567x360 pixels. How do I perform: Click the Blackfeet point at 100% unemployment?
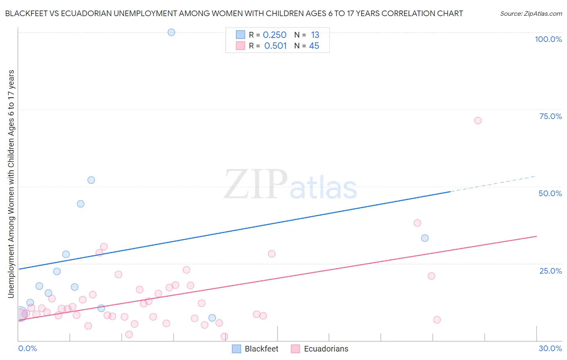pyautogui.click(x=171, y=32)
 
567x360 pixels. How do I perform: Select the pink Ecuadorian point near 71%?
pyautogui.click(x=478, y=120)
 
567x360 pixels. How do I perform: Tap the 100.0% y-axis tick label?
pyautogui.click(x=548, y=39)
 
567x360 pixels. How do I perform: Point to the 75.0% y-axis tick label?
pyautogui.click(x=550, y=116)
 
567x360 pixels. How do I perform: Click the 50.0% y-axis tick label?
pyautogui.click(x=550, y=193)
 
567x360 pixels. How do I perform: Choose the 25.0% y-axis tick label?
pyautogui.click(x=550, y=271)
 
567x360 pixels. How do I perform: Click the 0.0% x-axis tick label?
pyautogui.click(x=28, y=348)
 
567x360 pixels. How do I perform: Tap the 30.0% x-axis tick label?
pyautogui.click(x=550, y=348)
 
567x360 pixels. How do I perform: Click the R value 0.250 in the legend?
pyautogui.click(x=275, y=35)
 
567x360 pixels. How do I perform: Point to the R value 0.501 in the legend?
pyautogui.click(x=275, y=46)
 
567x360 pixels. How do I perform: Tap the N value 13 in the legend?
pyautogui.click(x=315, y=35)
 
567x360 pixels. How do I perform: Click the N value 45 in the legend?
pyautogui.click(x=314, y=46)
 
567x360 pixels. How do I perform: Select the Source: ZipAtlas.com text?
pyautogui.click(x=531, y=14)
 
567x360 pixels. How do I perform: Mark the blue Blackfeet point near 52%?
pyautogui.click(x=91, y=180)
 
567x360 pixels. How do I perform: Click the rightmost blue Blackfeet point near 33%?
pyautogui.click(x=425, y=238)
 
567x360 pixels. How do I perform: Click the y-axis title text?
pyautogui.click(x=11, y=184)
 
